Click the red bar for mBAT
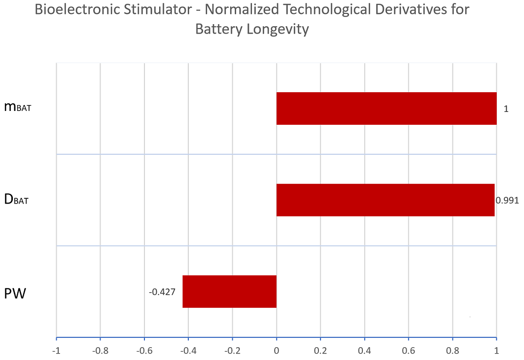click(x=386, y=108)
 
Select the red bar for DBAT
click(x=385, y=200)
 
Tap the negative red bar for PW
click(x=230, y=291)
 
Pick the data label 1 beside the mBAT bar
click(x=506, y=108)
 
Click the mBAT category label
click(x=17, y=108)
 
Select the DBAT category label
click(x=17, y=200)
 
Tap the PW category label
click(x=15, y=294)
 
